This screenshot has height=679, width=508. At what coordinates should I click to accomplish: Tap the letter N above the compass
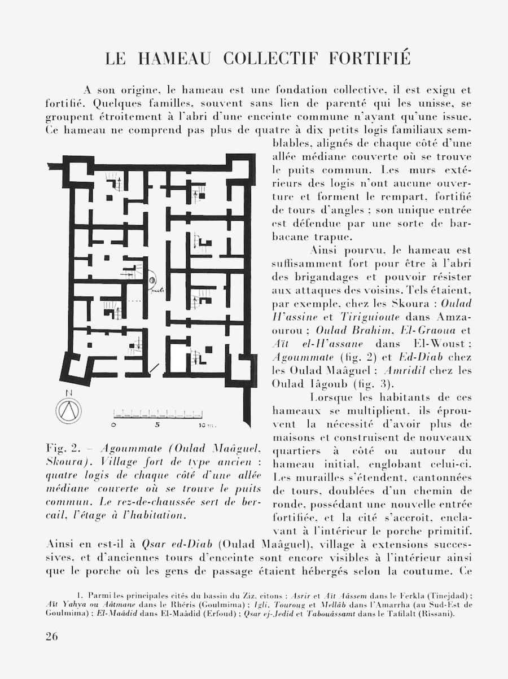tap(68, 393)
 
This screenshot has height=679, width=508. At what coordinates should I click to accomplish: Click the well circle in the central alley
tap(152, 281)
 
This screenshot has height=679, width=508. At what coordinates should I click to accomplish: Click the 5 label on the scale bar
tap(157, 424)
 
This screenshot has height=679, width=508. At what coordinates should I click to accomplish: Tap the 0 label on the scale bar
tap(114, 424)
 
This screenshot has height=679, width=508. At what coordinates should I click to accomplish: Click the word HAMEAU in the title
tap(174, 59)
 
